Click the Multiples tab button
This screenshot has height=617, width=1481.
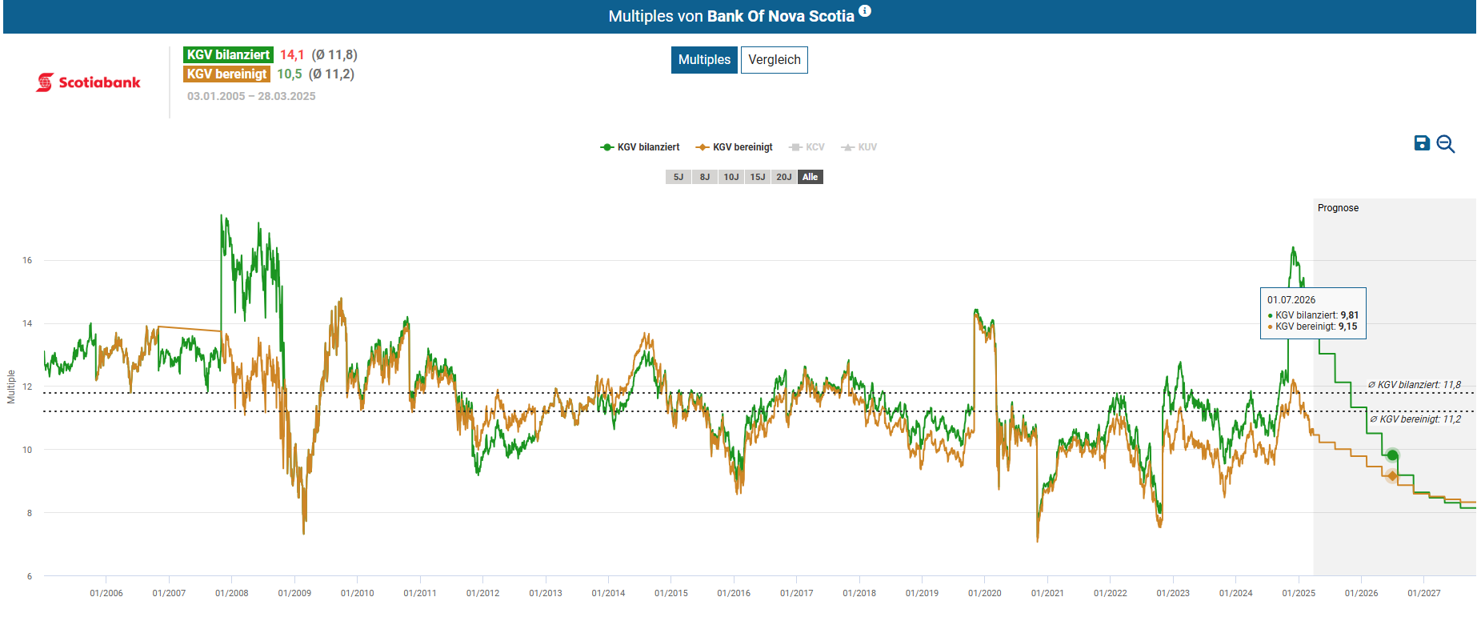click(x=704, y=60)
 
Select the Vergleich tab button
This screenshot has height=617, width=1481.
click(x=774, y=60)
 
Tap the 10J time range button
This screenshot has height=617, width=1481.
click(x=731, y=177)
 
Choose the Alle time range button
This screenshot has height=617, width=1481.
click(x=810, y=177)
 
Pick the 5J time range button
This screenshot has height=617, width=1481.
click(x=678, y=177)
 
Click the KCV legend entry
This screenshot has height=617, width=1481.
click(x=807, y=147)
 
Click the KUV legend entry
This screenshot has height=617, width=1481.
click(x=859, y=147)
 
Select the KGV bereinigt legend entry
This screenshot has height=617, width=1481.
click(x=734, y=147)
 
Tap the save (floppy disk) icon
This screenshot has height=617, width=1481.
click(x=1421, y=143)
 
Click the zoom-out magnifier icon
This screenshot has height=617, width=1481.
click(x=1445, y=144)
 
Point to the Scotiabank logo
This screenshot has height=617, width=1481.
click(x=88, y=82)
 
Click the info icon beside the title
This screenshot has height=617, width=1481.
click(x=865, y=11)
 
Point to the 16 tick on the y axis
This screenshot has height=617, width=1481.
click(x=27, y=260)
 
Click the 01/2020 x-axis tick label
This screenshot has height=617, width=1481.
click(x=984, y=593)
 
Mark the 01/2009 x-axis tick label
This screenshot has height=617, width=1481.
click(x=294, y=593)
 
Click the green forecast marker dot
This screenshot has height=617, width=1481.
click(x=1392, y=455)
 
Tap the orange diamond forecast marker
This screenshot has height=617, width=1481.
click(x=1392, y=476)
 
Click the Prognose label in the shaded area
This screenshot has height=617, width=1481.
click(x=1338, y=208)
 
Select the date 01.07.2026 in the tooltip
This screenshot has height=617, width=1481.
click(x=1291, y=300)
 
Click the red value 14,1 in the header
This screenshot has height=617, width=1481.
click(x=291, y=54)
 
